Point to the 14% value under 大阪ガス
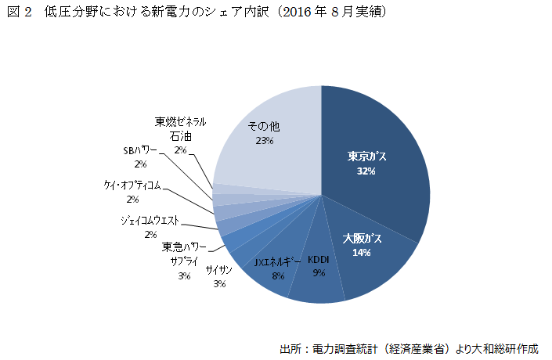click(x=361, y=252)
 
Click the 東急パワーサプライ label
click(x=184, y=254)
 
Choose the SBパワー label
click(x=140, y=150)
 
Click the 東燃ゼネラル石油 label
click(x=180, y=128)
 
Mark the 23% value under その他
click(x=263, y=141)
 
